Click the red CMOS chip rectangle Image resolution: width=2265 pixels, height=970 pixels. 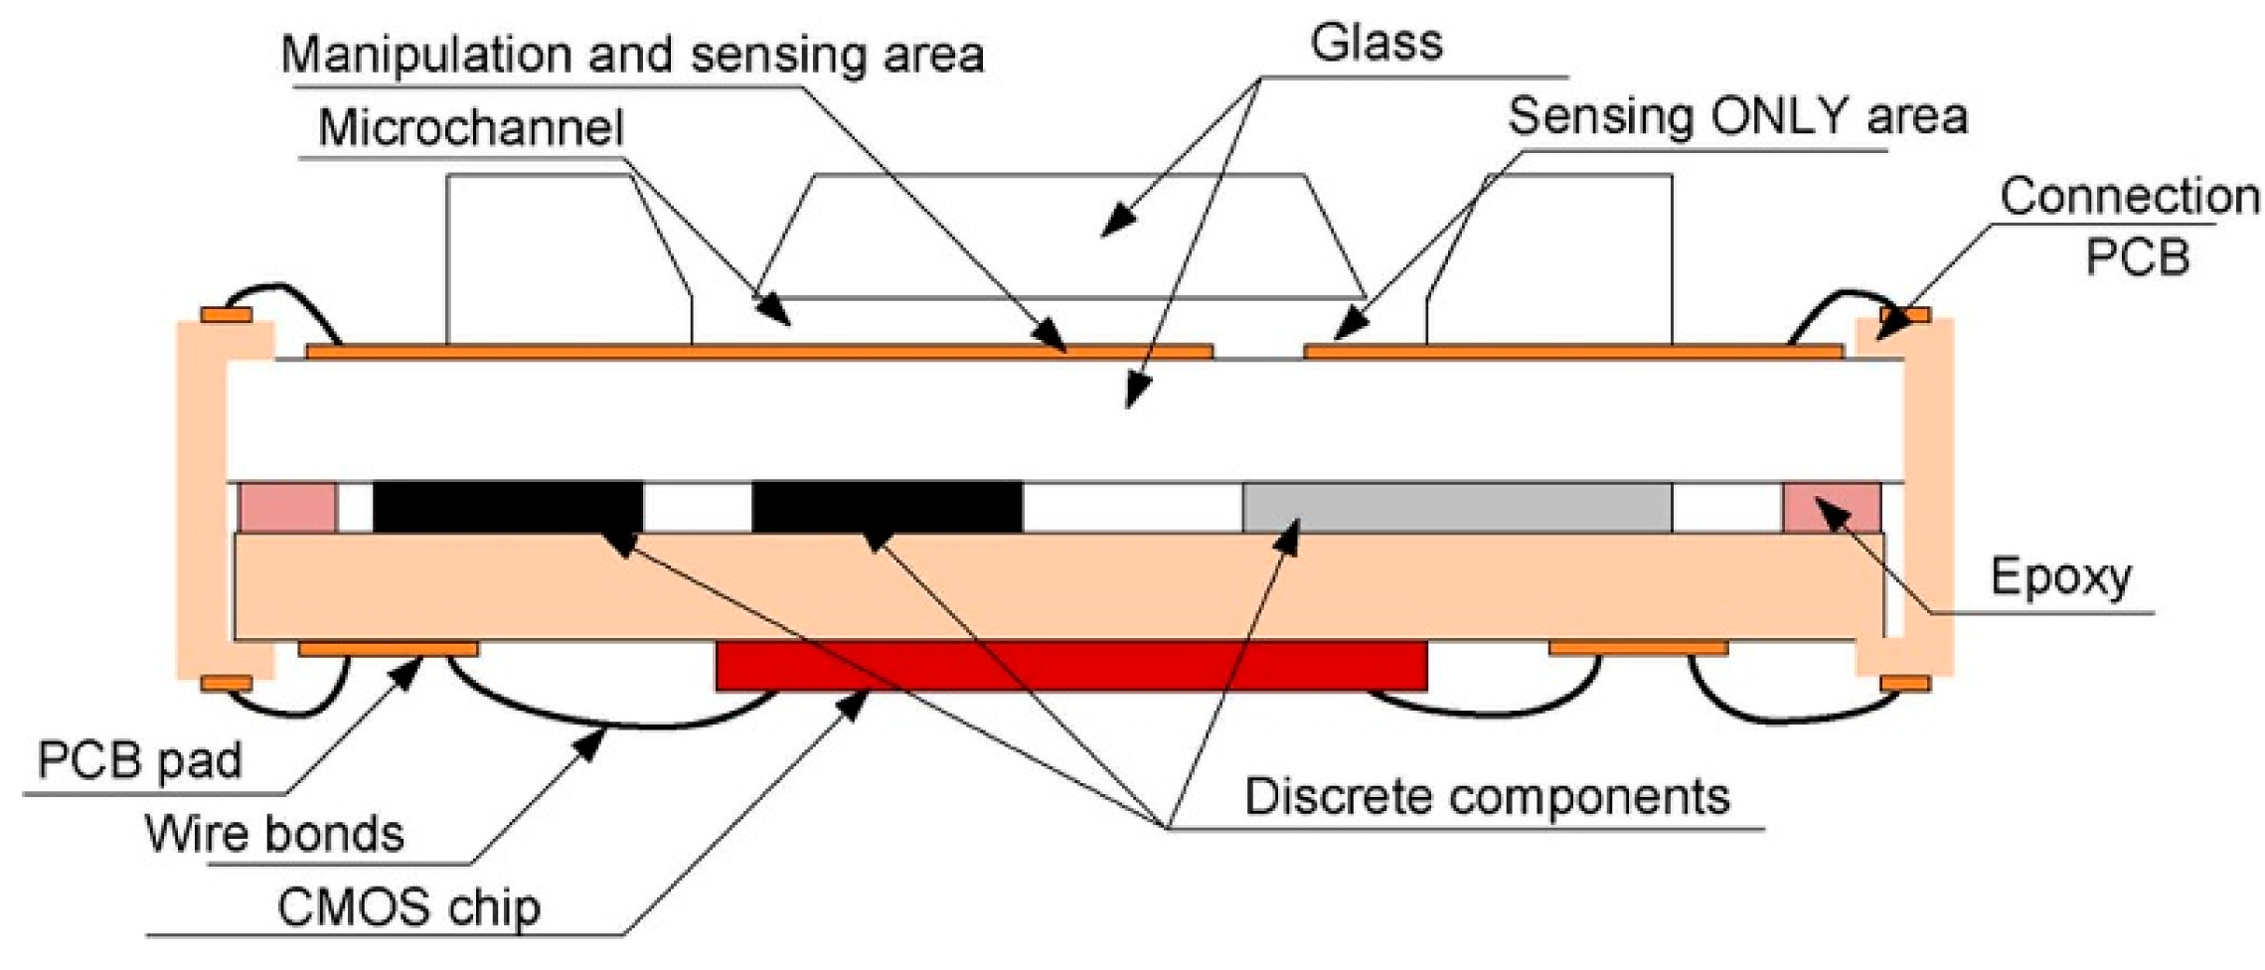point(1071,665)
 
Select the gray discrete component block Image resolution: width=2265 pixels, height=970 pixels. point(1457,508)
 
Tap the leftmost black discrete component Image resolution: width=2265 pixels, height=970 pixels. point(508,507)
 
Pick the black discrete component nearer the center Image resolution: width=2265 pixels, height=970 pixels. point(887,507)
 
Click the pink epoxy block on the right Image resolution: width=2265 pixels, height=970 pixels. point(1831,508)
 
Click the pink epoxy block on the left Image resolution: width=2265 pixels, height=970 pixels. point(288,508)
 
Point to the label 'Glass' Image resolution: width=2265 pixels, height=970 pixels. point(1375,44)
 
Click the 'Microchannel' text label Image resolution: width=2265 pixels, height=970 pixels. point(471,128)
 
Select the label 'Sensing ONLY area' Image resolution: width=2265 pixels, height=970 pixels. point(1737,117)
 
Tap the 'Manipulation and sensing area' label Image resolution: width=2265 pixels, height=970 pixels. point(632,55)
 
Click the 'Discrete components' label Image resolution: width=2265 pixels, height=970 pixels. point(1487,796)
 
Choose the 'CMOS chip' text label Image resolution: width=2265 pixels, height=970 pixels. point(408,907)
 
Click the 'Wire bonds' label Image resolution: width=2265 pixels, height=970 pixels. point(274,833)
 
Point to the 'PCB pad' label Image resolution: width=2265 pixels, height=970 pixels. point(139,760)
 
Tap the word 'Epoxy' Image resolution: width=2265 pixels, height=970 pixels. point(2060,576)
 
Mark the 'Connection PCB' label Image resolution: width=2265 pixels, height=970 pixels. point(2130,226)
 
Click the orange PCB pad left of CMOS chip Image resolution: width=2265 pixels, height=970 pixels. point(388,649)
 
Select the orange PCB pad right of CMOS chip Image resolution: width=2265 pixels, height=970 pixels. point(1638,649)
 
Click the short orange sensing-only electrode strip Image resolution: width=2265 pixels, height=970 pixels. point(1572,351)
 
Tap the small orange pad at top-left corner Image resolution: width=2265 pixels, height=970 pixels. point(227,316)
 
